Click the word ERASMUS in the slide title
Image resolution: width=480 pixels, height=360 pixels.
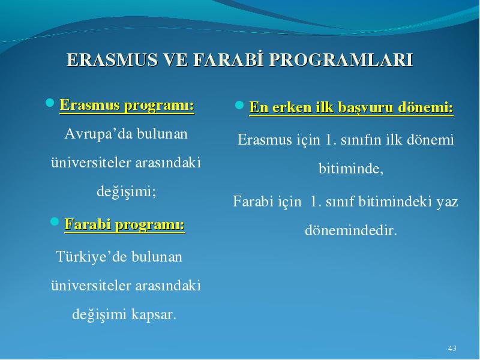point(112,59)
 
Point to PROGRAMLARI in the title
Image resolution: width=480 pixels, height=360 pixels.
point(341,59)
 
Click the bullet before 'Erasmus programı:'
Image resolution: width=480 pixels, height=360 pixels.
point(50,103)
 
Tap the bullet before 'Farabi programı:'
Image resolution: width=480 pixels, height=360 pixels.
point(54,221)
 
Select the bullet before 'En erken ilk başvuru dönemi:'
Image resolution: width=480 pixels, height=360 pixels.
point(239,105)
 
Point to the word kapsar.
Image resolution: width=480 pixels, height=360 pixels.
point(154,314)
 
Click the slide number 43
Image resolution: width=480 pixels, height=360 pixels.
point(452,349)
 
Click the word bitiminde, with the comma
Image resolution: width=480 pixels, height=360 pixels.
point(351,169)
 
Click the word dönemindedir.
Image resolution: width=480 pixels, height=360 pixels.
point(351,230)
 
